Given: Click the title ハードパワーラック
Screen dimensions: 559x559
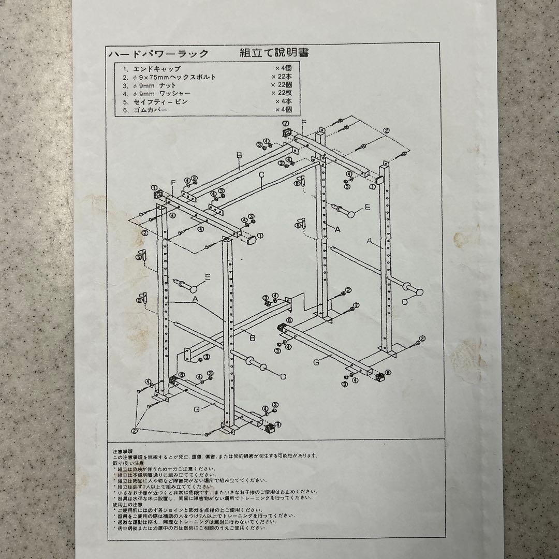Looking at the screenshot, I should (158, 54).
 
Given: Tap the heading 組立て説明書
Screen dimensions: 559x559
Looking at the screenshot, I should (274, 53).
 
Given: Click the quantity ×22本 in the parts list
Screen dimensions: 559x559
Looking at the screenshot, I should (283, 77).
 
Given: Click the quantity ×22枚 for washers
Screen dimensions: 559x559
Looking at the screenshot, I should (283, 94).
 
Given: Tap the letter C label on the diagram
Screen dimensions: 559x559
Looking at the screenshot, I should (262, 175).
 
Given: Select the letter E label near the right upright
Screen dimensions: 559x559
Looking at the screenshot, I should (367, 208).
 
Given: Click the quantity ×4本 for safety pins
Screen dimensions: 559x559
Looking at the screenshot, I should (283, 102).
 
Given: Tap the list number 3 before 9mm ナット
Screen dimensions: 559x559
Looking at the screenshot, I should (124, 85).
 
